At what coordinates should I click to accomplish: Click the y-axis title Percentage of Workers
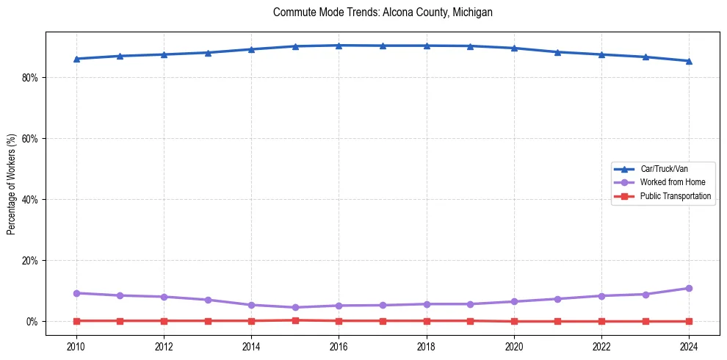click(11, 184)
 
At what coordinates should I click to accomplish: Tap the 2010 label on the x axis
click(76, 345)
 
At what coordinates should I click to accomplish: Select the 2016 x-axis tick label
click(339, 345)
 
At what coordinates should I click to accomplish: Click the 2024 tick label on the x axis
click(689, 345)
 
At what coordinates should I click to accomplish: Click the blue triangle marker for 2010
click(76, 59)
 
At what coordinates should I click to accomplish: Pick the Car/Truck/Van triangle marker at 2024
click(689, 61)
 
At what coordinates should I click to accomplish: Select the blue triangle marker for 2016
click(339, 46)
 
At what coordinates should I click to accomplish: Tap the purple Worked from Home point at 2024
click(689, 288)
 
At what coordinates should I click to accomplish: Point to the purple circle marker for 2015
click(295, 307)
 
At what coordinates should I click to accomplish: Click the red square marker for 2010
click(76, 320)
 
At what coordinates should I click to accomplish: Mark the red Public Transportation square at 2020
click(514, 321)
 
